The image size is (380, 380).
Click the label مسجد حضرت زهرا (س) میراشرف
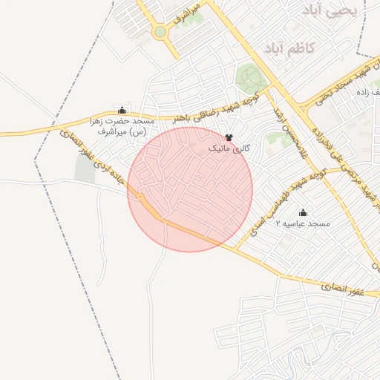click(x=123, y=125)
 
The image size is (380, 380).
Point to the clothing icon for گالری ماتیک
click(x=229, y=137)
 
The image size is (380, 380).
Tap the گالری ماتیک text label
click(x=228, y=149)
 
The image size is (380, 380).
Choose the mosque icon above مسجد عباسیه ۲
click(x=302, y=212)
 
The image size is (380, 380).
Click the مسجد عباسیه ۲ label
click(x=302, y=223)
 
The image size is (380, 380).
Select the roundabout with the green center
click(x=160, y=32)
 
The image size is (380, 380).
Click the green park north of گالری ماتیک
click(x=250, y=76)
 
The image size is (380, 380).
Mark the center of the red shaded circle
click(x=190, y=189)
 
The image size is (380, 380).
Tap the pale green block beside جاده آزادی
click(x=85, y=170)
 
